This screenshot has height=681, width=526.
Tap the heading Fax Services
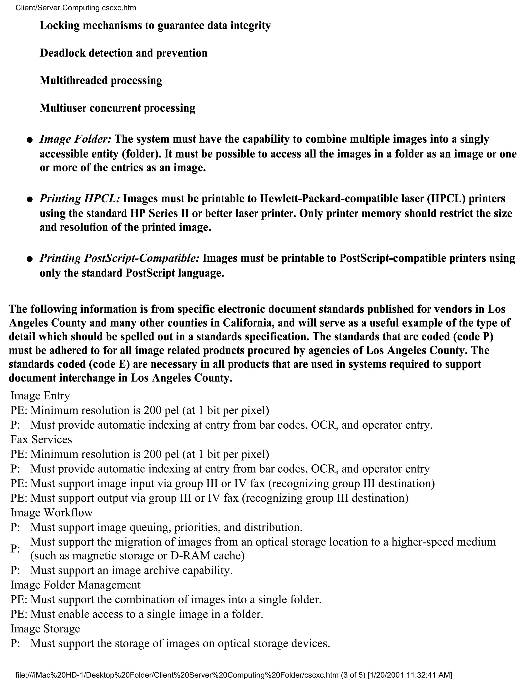click(41, 439)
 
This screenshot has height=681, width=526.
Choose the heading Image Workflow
click(51, 512)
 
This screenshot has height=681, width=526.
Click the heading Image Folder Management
click(76, 585)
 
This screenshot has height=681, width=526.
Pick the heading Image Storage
click(45, 628)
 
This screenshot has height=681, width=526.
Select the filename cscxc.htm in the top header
click(119, 8)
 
